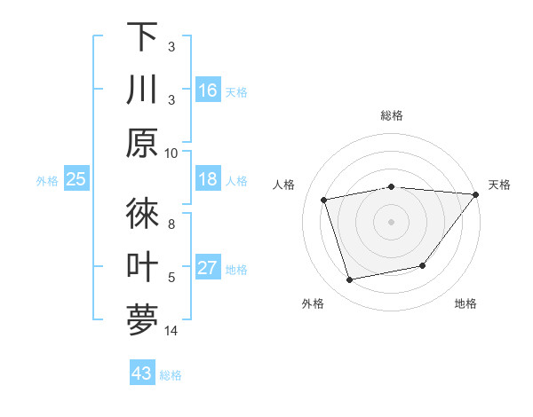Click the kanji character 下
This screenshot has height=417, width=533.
click(x=142, y=37)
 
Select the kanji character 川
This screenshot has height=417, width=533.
click(x=142, y=90)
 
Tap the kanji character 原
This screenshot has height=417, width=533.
click(x=142, y=143)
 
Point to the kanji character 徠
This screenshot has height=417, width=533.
click(x=142, y=214)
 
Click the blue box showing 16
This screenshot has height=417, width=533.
click(x=208, y=90)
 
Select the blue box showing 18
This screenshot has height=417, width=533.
click(x=208, y=180)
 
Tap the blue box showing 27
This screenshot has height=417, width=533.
click(x=208, y=269)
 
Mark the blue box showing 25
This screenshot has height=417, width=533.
click(x=76, y=180)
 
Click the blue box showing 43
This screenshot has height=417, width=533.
click(x=142, y=374)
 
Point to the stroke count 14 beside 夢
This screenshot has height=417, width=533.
click(x=171, y=332)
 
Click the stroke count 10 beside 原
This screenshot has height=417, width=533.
click(x=171, y=153)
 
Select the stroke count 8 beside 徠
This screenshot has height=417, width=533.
click(x=171, y=225)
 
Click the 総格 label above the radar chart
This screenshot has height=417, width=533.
click(x=391, y=115)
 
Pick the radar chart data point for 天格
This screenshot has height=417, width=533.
click(x=476, y=194)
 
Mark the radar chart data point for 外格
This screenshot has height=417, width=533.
click(x=350, y=280)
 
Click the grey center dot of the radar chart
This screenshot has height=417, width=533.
click(x=391, y=221)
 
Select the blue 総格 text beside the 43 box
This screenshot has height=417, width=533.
click(x=171, y=375)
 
